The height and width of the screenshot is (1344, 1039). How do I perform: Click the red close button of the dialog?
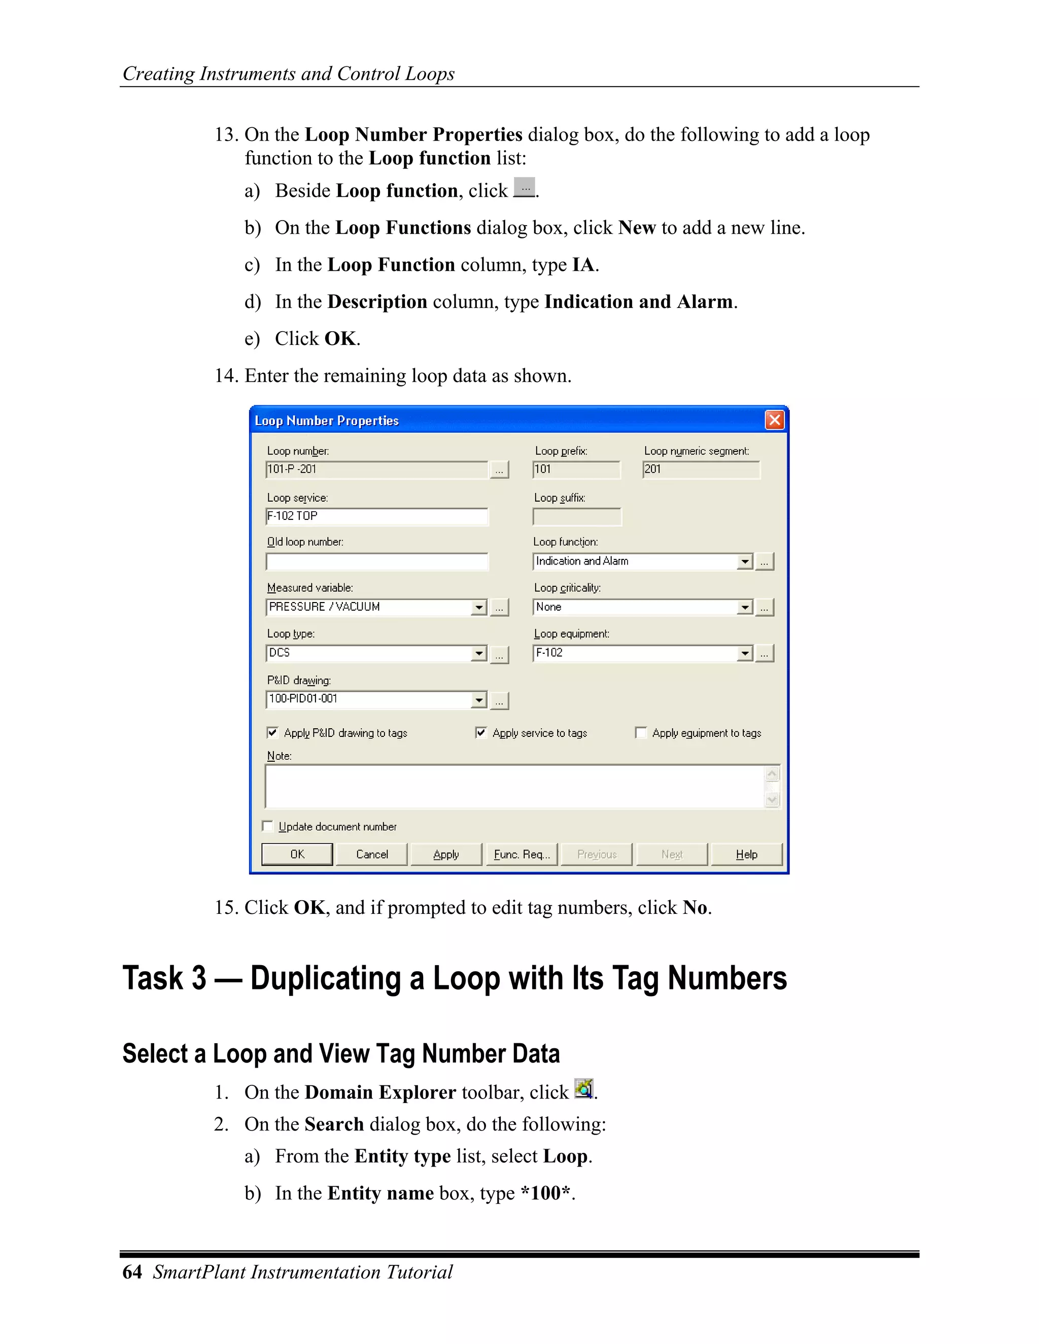(x=774, y=420)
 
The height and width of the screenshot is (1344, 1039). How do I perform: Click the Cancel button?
(x=372, y=854)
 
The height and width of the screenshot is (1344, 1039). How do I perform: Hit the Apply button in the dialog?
(x=446, y=854)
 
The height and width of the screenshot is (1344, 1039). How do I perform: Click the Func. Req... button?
(x=522, y=854)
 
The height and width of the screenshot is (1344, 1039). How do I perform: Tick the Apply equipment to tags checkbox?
(x=641, y=732)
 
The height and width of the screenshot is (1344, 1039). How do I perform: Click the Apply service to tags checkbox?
(x=481, y=732)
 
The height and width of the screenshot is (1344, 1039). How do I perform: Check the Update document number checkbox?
(x=268, y=826)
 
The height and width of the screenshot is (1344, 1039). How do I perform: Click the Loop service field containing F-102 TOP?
(x=377, y=516)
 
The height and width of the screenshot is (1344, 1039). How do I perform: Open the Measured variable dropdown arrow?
(x=479, y=608)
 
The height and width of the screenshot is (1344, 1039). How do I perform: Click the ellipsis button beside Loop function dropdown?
(x=765, y=561)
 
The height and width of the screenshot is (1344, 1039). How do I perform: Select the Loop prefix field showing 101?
(x=576, y=470)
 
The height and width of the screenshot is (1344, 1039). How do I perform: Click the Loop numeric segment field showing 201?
(x=701, y=470)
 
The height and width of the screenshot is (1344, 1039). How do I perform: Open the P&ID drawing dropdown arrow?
(x=479, y=700)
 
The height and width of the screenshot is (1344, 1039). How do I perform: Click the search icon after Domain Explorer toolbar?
(x=583, y=1088)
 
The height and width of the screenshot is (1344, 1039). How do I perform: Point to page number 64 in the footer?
(x=132, y=1272)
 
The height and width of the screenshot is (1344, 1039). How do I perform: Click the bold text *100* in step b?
(x=546, y=1193)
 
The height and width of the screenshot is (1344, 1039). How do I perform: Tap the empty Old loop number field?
(x=377, y=561)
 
